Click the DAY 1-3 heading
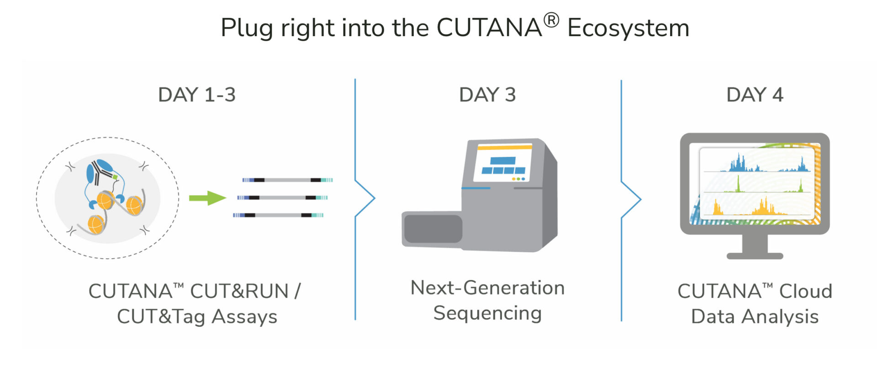pos(197,95)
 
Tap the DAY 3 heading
pos(487,95)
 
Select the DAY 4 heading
pos(755,95)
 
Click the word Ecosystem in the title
pos(628,28)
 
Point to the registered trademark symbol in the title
pos(551,20)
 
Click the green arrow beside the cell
pos(208,198)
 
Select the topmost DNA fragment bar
pos(287,180)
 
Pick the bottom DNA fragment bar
pos(278,215)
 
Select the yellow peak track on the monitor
pos(758,208)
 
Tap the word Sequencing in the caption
pos(487,313)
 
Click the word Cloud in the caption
pos(805,292)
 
